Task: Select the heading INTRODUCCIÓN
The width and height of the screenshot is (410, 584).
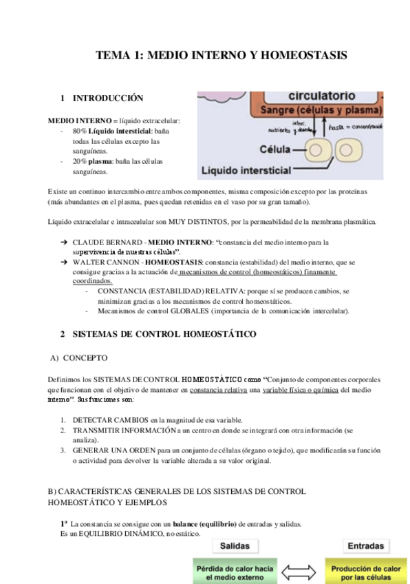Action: click(x=108, y=98)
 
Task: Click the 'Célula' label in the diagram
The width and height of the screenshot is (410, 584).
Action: click(x=275, y=148)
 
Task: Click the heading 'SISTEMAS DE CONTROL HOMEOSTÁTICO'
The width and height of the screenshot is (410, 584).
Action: click(x=164, y=334)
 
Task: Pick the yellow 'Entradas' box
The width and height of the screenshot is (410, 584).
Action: click(x=365, y=546)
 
